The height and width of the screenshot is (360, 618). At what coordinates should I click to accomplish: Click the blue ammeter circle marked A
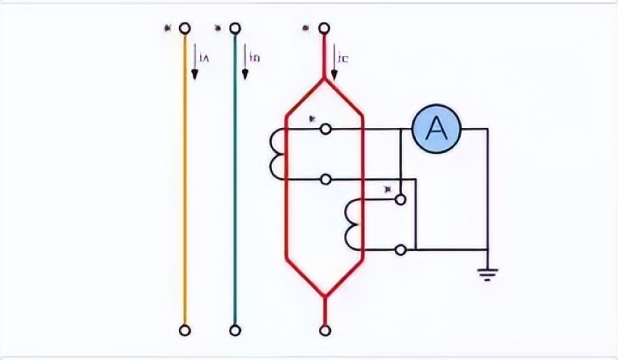click(436, 129)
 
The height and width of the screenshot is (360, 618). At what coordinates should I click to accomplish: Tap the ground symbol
click(488, 274)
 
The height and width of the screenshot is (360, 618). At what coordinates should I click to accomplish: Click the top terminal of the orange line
click(185, 28)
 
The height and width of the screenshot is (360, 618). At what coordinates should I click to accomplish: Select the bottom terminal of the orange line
click(185, 330)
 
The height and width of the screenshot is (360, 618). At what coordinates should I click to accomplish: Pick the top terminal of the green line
click(234, 28)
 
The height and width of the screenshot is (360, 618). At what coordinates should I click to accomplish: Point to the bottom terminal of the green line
click(234, 330)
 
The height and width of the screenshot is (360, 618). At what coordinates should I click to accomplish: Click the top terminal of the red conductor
click(325, 28)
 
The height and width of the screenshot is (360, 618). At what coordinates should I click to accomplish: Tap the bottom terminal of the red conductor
click(325, 330)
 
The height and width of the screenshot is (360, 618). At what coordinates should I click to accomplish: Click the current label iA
click(204, 57)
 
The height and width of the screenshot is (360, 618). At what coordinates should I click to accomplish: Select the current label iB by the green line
click(254, 57)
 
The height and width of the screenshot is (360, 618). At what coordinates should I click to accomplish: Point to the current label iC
click(343, 57)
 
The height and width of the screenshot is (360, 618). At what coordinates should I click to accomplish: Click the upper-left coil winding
click(277, 153)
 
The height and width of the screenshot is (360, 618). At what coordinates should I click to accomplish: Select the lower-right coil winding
click(353, 224)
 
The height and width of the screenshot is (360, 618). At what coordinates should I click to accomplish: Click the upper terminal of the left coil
click(326, 129)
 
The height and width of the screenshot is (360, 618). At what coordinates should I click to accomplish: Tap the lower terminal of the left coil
click(326, 178)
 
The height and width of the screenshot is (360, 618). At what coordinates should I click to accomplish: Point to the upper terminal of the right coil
click(400, 199)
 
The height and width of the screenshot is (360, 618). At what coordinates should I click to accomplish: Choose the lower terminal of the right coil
click(400, 249)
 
